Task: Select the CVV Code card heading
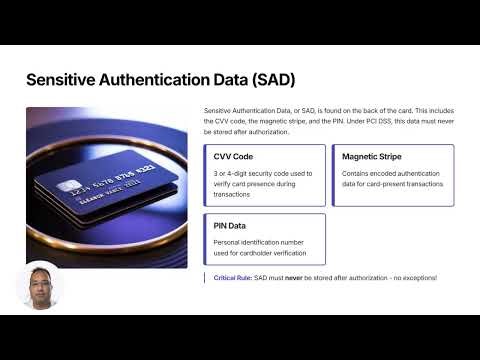click(233, 157)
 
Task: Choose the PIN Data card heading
click(230, 226)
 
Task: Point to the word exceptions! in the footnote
click(416, 277)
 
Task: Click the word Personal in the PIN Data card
click(229, 242)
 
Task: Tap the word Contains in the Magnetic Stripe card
click(357, 173)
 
